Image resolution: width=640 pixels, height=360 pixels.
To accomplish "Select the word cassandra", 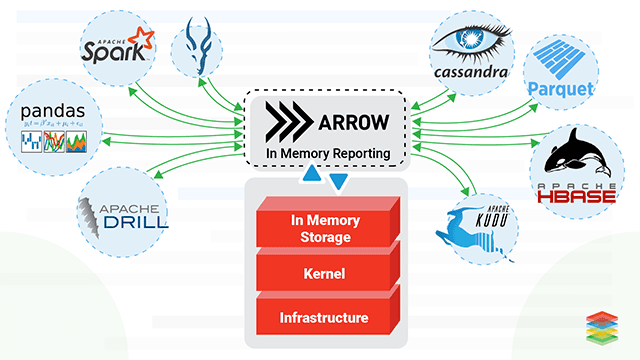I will point(471,72).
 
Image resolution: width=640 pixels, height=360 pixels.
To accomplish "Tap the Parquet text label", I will point(559,89).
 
